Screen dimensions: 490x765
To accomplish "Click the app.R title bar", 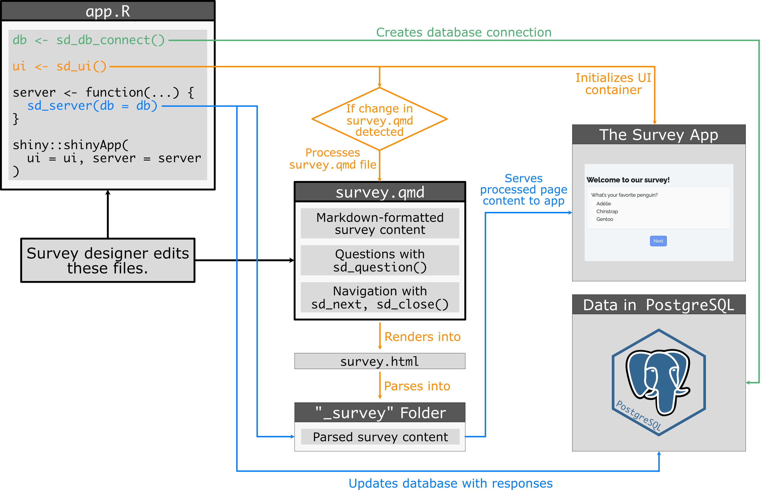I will (x=108, y=11).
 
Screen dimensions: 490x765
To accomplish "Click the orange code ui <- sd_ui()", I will (x=59, y=66).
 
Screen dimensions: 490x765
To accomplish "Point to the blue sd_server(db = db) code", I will (x=92, y=106).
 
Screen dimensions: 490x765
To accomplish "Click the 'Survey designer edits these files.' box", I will (x=108, y=260).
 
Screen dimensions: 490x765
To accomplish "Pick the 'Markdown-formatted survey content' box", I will (x=380, y=223).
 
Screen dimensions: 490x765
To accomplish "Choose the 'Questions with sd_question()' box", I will (x=380, y=260).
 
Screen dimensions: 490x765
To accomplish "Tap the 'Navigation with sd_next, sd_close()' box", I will (x=380, y=298).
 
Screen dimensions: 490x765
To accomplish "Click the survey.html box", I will (x=380, y=361).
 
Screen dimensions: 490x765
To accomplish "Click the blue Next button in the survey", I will (x=658, y=241).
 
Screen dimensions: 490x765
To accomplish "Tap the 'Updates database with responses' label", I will (x=450, y=483).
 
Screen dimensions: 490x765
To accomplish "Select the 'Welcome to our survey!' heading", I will (x=628, y=180).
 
